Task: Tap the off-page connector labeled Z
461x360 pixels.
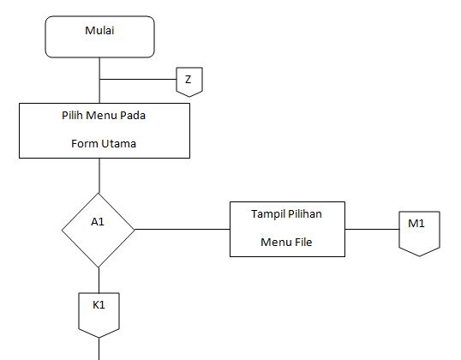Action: pyautogui.click(x=189, y=81)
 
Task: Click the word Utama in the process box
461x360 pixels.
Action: pyautogui.click(x=119, y=144)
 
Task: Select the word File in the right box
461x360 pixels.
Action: pyautogui.click(x=302, y=243)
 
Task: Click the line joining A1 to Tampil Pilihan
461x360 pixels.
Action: pyautogui.click(x=182, y=229)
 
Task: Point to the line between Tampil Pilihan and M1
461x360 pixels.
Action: pyautogui.click(x=371, y=229)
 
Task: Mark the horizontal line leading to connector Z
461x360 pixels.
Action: pyautogui.click(x=137, y=81)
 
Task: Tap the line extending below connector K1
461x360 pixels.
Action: pyautogui.click(x=99, y=347)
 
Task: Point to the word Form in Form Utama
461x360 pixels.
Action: pyautogui.click(x=86, y=144)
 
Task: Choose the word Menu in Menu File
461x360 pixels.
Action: pyautogui.click(x=274, y=243)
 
